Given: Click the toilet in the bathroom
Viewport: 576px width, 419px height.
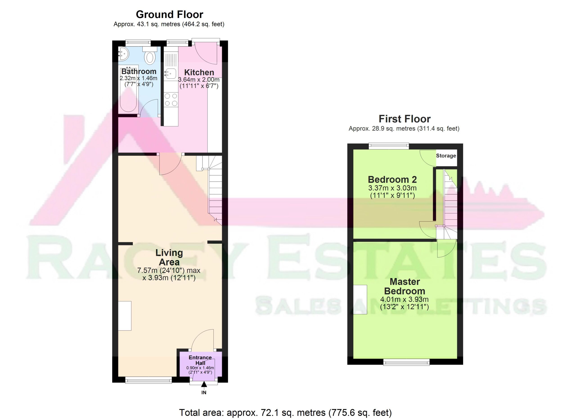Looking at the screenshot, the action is pyautogui.click(x=150, y=55).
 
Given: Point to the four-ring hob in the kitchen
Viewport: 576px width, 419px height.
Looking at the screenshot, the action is pyautogui.click(x=171, y=99).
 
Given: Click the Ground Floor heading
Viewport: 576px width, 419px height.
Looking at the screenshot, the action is pyautogui.click(x=169, y=14).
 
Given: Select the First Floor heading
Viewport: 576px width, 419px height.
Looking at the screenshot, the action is pyautogui.click(x=405, y=119).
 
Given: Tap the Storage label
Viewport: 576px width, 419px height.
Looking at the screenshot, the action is pyautogui.click(x=446, y=156).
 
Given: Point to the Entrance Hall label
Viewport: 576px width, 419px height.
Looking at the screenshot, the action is pyautogui.click(x=200, y=360).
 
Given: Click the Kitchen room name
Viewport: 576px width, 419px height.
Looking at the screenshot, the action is pyautogui.click(x=199, y=72).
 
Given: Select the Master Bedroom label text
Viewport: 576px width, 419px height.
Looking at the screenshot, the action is pyautogui.click(x=405, y=286).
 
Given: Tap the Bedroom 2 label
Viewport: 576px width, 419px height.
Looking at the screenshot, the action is pyautogui.click(x=392, y=180).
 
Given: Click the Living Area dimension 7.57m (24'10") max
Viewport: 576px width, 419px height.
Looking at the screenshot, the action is pyautogui.click(x=169, y=270).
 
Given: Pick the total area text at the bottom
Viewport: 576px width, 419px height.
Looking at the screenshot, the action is pyautogui.click(x=286, y=413).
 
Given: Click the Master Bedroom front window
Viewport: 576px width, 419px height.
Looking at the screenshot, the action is pyautogui.click(x=406, y=362).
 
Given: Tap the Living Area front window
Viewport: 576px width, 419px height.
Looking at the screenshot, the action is pyautogui.click(x=148, y=380).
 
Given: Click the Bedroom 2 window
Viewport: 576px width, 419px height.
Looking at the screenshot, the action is pyautogui.click(x=389, y=146).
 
